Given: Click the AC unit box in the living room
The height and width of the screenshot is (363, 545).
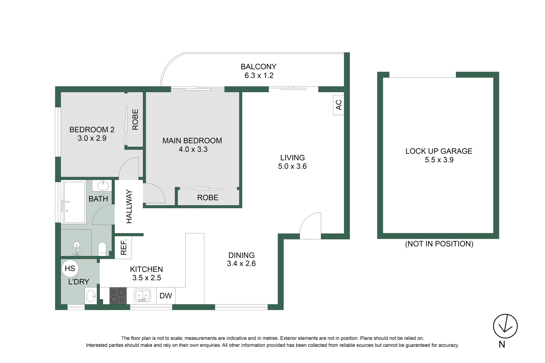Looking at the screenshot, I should (x=338, y=105).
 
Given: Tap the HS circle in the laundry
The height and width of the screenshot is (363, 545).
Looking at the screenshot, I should (x=70, y=268).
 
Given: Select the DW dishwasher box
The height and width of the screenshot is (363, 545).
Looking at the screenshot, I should (x=166, y=296).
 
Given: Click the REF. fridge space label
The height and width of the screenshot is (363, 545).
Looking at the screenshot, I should (x=123, y=247).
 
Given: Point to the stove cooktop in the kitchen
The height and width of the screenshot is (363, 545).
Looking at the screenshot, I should (x=118, y=296).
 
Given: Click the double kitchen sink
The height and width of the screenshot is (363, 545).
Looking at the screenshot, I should (x=142, y=295).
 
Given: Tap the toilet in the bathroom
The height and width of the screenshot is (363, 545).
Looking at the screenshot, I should (x=102, y=249).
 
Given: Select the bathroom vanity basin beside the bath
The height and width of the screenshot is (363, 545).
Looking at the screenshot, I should (x=101, y=186).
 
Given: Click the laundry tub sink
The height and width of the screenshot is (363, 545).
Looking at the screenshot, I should (x=91, y=296).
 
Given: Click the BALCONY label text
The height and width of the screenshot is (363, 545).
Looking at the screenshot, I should (x=258, y=67).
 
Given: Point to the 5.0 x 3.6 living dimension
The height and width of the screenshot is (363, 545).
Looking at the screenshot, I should (x=292, y=166).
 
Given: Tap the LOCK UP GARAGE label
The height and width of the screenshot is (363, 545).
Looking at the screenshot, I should (x=439, y=151).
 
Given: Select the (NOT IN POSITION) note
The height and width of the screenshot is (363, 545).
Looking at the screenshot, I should (x=439, y=244).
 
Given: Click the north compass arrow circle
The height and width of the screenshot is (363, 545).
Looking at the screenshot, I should (x=505, y=326).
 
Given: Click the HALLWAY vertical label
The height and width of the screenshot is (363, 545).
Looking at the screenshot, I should (x=129, y=206).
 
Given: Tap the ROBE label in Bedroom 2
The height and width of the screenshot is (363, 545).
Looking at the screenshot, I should (x=135, y=119).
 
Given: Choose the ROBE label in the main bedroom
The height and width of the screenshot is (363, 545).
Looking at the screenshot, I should (x=208, y=198).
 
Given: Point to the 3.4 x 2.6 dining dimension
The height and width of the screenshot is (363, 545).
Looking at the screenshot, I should (x=241, y=264).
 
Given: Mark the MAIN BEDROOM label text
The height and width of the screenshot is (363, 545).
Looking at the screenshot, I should (x=192, y=141).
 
